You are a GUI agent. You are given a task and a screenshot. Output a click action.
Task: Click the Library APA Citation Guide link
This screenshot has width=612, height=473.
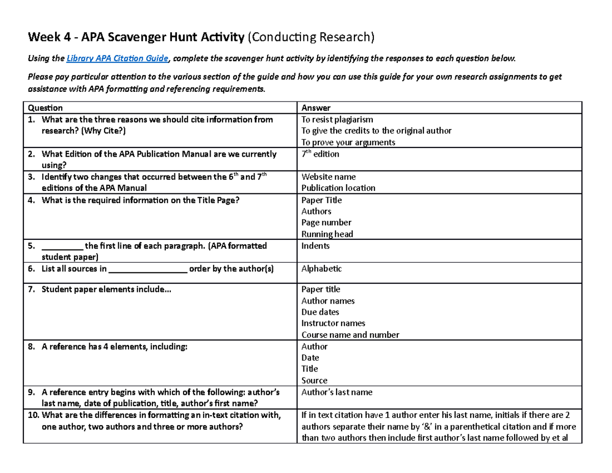point(118,59)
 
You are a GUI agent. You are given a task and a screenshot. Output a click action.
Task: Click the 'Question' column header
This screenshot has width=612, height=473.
point(45,108)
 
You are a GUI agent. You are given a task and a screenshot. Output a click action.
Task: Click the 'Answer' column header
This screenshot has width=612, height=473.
point(316,108)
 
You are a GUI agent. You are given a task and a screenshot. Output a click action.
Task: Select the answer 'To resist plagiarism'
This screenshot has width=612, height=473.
point(337,119)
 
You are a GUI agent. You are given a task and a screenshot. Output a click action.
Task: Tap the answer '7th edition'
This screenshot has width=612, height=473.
point(320,154)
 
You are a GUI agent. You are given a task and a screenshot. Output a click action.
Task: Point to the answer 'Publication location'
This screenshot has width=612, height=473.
point(338,188)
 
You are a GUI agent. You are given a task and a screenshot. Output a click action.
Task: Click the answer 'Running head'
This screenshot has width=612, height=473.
point(327,234)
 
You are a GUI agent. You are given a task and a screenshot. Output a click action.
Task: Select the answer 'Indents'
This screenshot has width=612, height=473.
point(315,246)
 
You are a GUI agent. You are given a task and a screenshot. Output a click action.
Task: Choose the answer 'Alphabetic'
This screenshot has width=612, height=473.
point(321,268)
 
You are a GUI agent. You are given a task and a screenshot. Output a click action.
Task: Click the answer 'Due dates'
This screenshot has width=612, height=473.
point(320,312)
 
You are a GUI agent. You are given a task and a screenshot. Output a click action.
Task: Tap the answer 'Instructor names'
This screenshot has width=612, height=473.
point(333,323)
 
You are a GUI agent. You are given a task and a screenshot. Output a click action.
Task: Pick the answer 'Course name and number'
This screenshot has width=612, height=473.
point(350,335)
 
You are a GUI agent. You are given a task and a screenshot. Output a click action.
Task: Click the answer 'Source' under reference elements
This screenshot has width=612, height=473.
point(314,380)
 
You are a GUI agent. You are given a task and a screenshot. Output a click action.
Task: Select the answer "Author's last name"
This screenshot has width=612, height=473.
point(337,392)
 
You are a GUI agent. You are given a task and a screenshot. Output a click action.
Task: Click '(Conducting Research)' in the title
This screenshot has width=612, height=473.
point(311,37)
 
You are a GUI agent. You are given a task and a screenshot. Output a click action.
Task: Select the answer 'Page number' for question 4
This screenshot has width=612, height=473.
point(326,222)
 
